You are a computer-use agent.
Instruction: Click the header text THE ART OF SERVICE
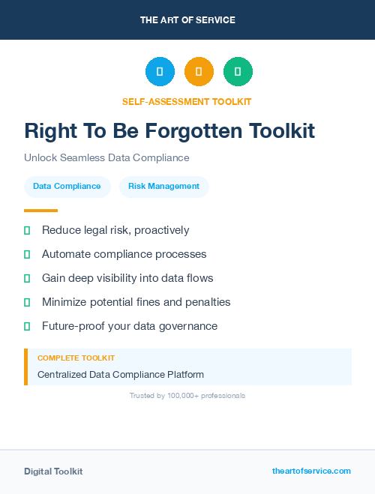187,20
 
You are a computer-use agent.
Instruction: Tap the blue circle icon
160,72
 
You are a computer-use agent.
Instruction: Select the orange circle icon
199,72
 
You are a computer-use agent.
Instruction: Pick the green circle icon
238,72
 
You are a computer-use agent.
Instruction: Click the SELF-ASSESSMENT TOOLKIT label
187,101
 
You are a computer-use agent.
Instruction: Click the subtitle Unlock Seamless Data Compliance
106,158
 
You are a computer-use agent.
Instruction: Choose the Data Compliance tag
67,187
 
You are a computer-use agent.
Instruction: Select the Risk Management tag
163,187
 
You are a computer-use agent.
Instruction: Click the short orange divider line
40,211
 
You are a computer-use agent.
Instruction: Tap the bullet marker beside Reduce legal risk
27,230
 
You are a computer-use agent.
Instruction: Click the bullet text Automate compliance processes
124,254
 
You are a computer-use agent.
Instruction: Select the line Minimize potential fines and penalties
136,302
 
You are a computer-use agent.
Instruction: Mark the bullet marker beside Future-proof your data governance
27,326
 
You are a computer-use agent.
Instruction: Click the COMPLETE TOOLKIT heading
76,358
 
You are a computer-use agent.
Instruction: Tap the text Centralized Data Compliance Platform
121,374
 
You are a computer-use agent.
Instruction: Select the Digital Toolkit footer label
53,472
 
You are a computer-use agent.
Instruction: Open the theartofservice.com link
311,471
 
